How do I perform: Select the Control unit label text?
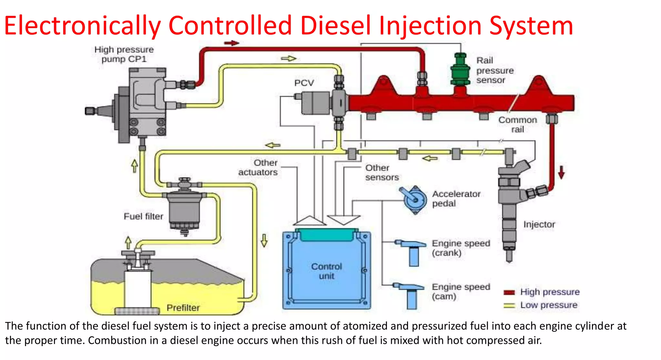coord(326,271)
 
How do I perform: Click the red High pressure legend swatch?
coord(509,293)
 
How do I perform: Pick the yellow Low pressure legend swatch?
coord(509,305)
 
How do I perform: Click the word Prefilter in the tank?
coord(183,308)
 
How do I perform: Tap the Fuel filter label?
coord(143,216)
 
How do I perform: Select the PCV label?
coord(304,83)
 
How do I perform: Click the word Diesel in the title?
coord(335,26)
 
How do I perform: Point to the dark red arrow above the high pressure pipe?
coord(231,43)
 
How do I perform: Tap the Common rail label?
coord(517,125)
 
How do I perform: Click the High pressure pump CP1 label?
coord(124,54)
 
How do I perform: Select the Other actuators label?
coord(258,168)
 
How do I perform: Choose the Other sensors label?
coord(381,173)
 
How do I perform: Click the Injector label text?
coord(539,224)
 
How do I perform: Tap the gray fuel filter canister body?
coord(184,208)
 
